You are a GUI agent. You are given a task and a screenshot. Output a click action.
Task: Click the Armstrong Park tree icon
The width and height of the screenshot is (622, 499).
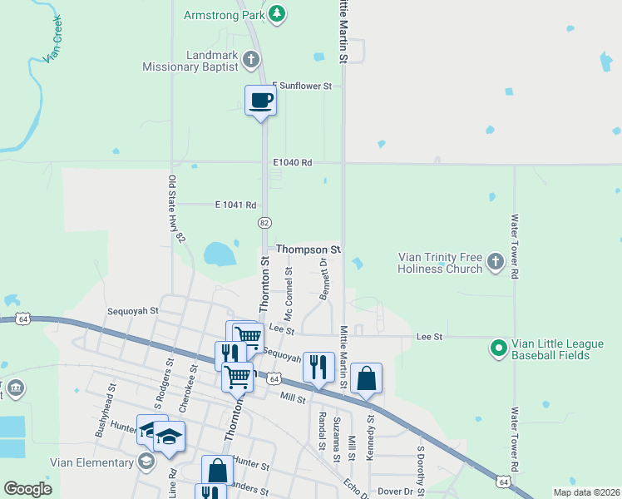click(x=278, y=13)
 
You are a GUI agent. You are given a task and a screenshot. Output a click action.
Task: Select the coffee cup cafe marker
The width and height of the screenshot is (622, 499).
click(x=260, y=101)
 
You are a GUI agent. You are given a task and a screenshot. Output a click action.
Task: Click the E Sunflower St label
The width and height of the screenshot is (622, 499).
click(x=303, y=86)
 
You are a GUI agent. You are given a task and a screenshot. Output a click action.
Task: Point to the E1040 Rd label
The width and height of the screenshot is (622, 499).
click(x=294, y=163)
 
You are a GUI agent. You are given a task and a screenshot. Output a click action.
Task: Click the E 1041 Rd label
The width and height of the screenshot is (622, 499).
click(x=235, y=204)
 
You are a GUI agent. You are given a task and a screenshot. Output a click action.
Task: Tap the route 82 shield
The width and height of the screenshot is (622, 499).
click(x=264, y=223)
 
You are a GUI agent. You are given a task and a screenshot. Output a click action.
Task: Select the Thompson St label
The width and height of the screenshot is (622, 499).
click(x=309, y=249)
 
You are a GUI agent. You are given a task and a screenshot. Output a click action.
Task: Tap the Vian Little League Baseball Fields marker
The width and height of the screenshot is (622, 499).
click(x=499, y=348)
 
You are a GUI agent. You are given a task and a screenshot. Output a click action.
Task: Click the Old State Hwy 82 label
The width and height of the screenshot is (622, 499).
click(x=175, y=209)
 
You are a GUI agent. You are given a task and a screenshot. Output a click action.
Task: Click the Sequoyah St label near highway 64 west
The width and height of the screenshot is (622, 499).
click(x=132, y=311)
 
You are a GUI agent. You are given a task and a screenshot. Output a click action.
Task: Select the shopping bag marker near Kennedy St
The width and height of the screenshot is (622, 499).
click(x=366, y=379)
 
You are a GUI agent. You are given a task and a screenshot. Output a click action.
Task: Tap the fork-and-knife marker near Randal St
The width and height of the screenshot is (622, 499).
click(x=318, y=366)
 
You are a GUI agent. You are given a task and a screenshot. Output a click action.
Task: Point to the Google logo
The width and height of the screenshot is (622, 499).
click(x=28, y=489)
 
